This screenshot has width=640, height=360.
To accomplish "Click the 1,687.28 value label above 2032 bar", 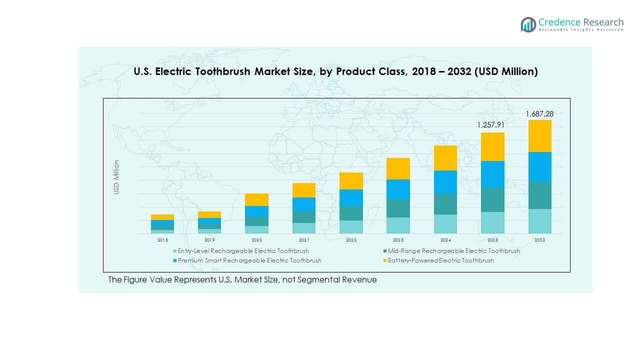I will click(539, 114).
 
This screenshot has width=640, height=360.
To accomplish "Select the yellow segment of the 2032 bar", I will click(539, 136).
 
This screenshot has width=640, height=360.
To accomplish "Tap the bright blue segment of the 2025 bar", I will click(492, 174).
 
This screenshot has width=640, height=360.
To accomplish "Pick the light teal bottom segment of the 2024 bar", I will click(445, 224).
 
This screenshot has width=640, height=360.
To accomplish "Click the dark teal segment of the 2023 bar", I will click(398, 208).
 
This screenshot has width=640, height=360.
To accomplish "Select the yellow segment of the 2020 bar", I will click(256, 199).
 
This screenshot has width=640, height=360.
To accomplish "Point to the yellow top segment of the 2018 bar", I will click(162, 217).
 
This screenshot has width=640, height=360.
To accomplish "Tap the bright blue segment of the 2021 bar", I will click(304, 204).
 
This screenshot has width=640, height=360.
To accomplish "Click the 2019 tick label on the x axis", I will click(209, 240).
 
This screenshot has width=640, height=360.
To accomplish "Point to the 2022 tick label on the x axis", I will click(351, 240).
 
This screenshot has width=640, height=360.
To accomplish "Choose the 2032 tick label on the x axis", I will click(539, 240).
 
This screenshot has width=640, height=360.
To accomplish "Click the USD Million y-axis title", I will click(116, 177).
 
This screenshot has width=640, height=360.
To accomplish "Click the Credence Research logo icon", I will click(528, 24).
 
